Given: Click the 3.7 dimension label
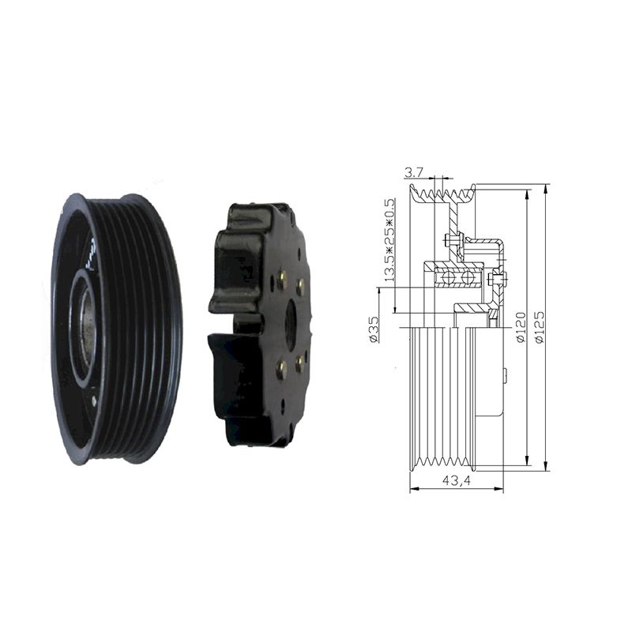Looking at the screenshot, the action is point(413,173).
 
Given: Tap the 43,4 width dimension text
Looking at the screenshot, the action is point(457,480).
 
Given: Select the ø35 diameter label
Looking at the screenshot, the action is point(374,329).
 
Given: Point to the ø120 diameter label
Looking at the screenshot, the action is point(521,327).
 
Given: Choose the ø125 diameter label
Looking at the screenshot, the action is point(539,326).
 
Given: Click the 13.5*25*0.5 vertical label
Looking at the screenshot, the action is point(389,240).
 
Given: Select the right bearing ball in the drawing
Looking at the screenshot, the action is point(468,277).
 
